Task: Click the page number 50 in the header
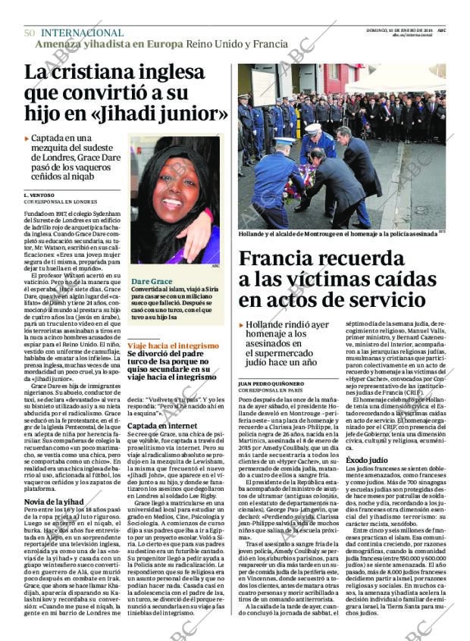pyautogui.click(x=30, y=33)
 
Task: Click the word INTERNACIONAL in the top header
pyautogui.click(x=82, y=33)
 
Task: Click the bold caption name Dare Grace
pyautogui.click(x=152, y=280)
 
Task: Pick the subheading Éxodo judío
pyautogui.click(x=368, y=460)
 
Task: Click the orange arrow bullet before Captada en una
pyautogui.click(x=27, y=139)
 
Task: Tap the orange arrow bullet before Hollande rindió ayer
pyautogui.click(x=242, y=324)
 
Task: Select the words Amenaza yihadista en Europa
pyautogui.click(x=108, y=43)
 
